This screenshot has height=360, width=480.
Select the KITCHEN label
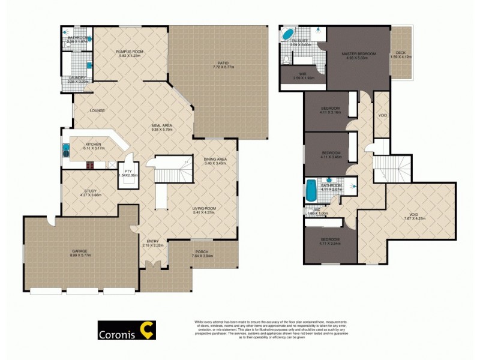click(x=92, y=144)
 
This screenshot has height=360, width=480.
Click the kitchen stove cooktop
click(x=90, y=165)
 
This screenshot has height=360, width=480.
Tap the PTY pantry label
click(x=128, y=171)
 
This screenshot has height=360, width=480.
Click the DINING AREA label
click(x=214, y=142)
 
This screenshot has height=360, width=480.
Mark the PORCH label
click(x=202, y=252)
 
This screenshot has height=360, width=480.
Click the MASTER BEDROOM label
click(x=359, y=54)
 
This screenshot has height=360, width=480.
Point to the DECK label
click(x=398, y=53)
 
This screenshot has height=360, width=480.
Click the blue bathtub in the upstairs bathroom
click(x=311, y=191)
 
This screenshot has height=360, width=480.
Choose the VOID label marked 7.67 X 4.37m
click(x=413, y=218)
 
